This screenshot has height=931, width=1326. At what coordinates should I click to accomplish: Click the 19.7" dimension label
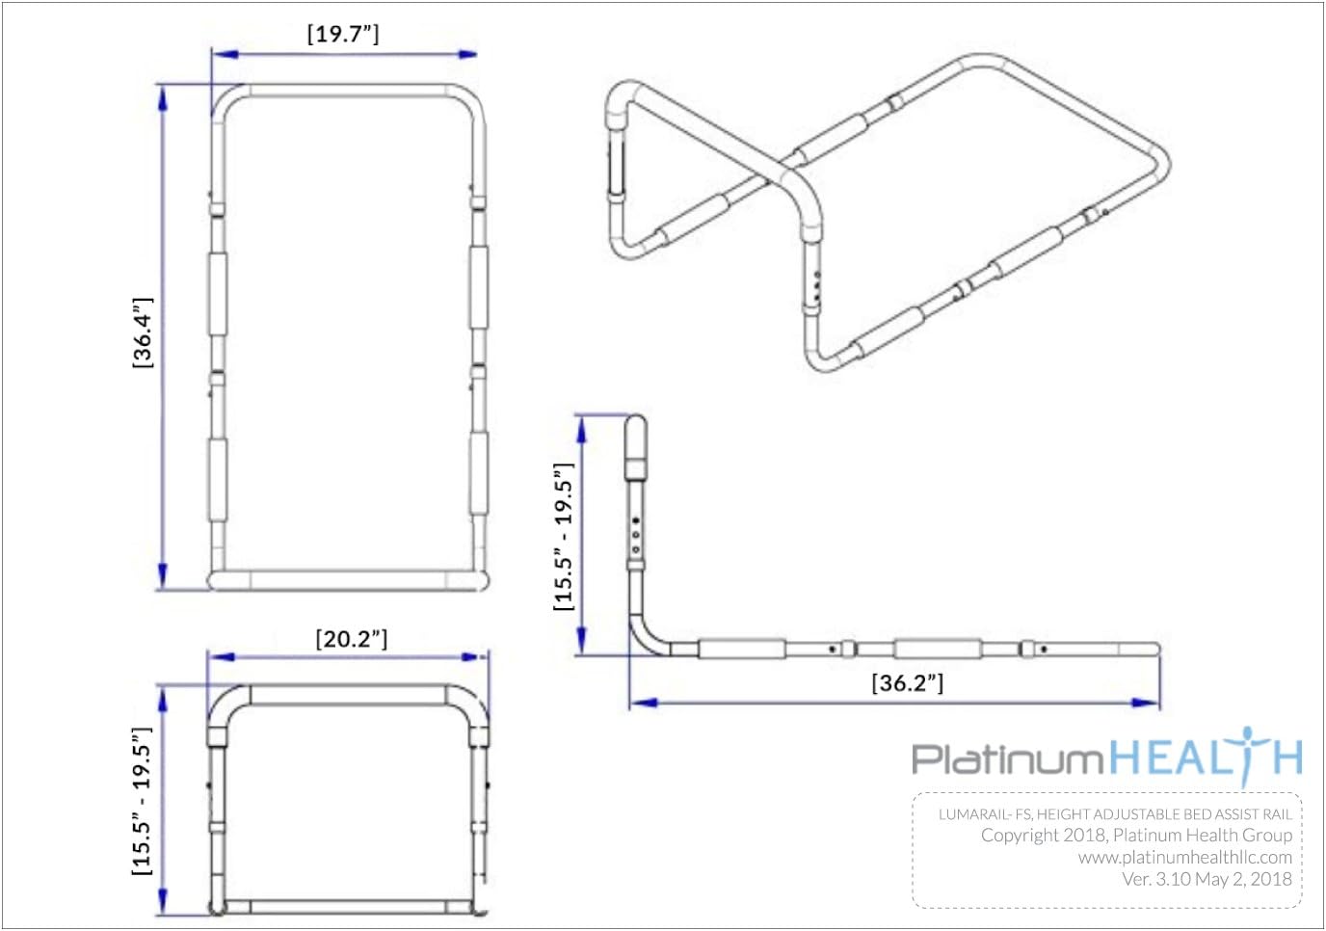343,34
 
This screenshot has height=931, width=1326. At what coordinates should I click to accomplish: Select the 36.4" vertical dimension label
143,333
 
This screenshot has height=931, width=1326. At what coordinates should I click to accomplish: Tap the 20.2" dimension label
352,639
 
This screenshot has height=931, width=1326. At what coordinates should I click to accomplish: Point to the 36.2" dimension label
908,683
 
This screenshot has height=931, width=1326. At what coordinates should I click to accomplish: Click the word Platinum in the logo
1008,758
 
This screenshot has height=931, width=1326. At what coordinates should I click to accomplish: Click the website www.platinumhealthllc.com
1185,858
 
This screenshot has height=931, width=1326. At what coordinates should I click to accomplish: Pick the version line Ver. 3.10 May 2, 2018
1207,880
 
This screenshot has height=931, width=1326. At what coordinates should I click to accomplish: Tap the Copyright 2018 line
1136,836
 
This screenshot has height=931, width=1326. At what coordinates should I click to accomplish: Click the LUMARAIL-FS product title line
1115,814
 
